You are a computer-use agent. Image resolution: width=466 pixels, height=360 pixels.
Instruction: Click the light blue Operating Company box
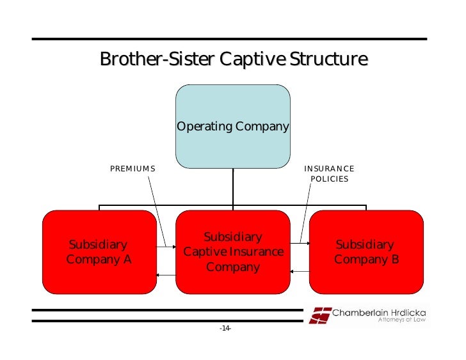tap(232, 127)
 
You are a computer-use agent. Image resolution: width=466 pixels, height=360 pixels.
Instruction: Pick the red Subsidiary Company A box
tap(99, 252)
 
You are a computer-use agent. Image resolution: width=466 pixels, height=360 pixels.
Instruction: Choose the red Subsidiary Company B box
tap(366, 252)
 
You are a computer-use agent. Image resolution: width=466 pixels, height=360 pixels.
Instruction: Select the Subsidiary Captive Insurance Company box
tap(232, 252)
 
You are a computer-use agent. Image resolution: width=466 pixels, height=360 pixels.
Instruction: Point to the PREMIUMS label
tap(133, 169)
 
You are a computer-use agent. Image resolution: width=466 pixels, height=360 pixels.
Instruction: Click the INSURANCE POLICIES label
tap(329, 174)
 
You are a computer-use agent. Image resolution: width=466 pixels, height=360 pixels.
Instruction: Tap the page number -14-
tap(225, 328)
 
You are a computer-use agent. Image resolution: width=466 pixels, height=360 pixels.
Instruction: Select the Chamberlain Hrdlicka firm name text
tap(379, 313)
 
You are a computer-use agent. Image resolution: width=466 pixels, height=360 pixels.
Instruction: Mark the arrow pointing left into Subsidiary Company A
tap(166, 275)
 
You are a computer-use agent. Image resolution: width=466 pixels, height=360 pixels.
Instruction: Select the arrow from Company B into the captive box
tap(299, 270)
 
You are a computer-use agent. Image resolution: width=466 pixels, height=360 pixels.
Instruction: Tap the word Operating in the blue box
tap(204, 127)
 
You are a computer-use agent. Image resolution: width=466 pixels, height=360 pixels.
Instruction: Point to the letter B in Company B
tap(394, 260)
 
